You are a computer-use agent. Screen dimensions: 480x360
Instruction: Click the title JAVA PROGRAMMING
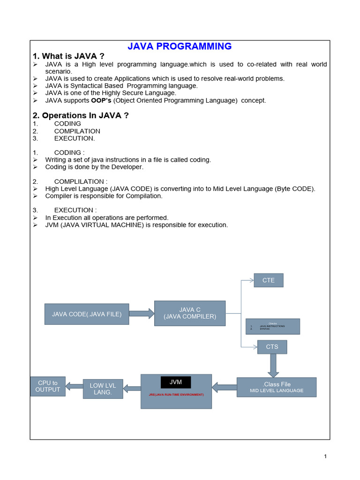click(x=180, y=46)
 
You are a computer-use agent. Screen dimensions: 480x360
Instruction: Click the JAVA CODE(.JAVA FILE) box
click(x=87, y=314)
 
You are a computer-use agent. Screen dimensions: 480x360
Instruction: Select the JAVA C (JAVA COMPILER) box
click(x=190, y=313)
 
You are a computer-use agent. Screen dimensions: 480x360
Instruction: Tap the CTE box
click(x=269, y=280)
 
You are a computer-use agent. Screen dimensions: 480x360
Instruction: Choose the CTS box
click(x=272, y=347)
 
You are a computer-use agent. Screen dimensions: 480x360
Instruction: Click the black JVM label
click(x=175, y=382)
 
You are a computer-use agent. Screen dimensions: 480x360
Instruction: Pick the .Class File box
click(x=277, y=387)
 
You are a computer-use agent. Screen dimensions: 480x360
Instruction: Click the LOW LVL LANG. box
click(x=103, y=389)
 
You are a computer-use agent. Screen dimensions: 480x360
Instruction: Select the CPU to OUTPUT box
click(x=48, y=386)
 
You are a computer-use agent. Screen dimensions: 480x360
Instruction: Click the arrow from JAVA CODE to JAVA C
click(x=141, y=313)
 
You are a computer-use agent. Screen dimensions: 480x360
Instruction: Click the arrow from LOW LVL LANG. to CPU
click(x=74, y=386)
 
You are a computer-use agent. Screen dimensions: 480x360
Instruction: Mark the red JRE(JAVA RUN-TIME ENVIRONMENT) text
click(x=176, y=395)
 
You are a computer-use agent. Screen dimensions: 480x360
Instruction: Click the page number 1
click(x=325, y=457)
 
